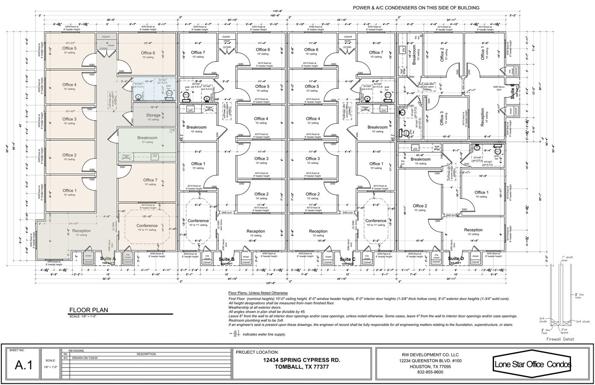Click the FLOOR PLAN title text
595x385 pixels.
[89, 310]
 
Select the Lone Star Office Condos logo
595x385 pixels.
[532, 364]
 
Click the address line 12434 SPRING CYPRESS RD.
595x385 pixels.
[302, 360]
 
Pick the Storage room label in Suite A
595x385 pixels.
[153, 115]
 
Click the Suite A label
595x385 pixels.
[108, 258]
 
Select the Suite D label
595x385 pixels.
[456, 258]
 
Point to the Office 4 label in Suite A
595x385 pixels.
[69, 85]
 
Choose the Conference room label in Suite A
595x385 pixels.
[147, 225]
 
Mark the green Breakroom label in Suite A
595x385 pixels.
[147, 138]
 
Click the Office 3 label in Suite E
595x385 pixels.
[442, 117]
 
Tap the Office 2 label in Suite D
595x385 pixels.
[420, 206]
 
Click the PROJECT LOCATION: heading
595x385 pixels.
[254, 352]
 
